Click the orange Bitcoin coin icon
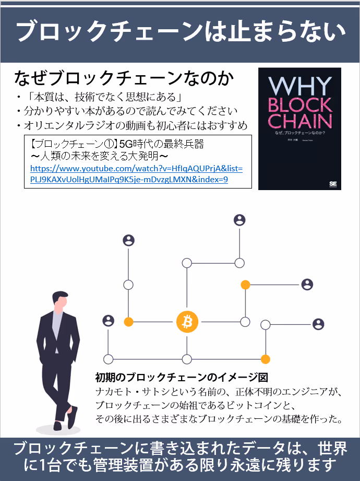point(187,322)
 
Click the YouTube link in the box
point(137,174)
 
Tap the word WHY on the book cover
point(299,87)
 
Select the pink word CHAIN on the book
point(299,122)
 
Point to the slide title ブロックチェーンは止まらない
point(180,32)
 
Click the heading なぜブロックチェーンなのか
point(124,79)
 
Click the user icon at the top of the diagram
point(239,220)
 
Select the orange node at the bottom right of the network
point(265,359)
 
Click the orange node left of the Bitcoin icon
point(128,322)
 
